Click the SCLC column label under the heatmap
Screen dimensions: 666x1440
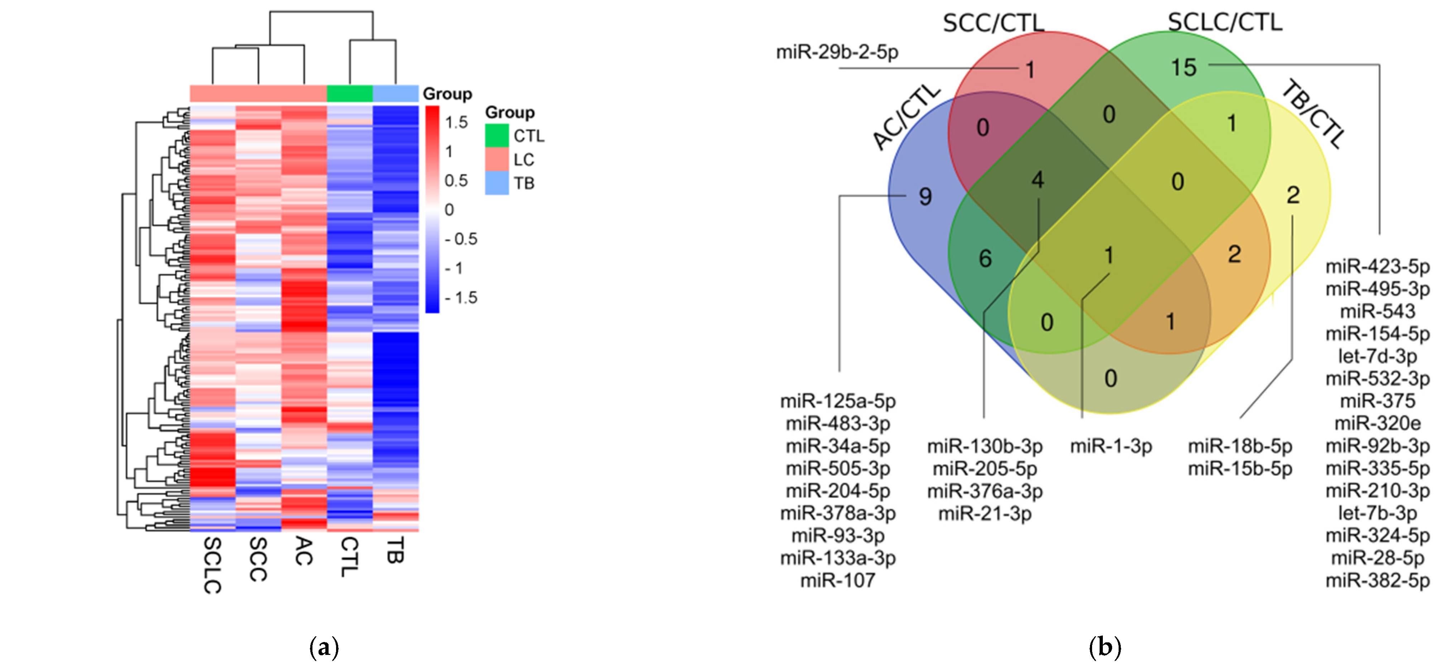click(x=212, y=565)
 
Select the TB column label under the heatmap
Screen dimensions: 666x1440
click(x=394, y=550)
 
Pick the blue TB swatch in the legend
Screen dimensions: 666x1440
click(x=496, y=183)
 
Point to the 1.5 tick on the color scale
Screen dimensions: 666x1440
click(x=456, y=123)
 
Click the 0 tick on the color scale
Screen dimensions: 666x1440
click(x=449, y=210)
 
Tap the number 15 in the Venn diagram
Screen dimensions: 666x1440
click(x=1183, y=68)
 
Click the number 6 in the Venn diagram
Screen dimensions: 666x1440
click(x=985, y=258)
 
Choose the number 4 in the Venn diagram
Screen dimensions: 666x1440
click(x=1038, y=179)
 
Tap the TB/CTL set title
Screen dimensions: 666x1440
click(x=1311, y=114)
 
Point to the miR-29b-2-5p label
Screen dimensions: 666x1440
click(x=837, y=52)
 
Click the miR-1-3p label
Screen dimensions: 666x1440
click(x=1111, y=446)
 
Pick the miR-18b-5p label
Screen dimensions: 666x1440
click(x=1240, y=446)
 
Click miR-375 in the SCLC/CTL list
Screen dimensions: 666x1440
click(x=1377, y=401)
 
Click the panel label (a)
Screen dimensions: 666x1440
click(x=324, y=648)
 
